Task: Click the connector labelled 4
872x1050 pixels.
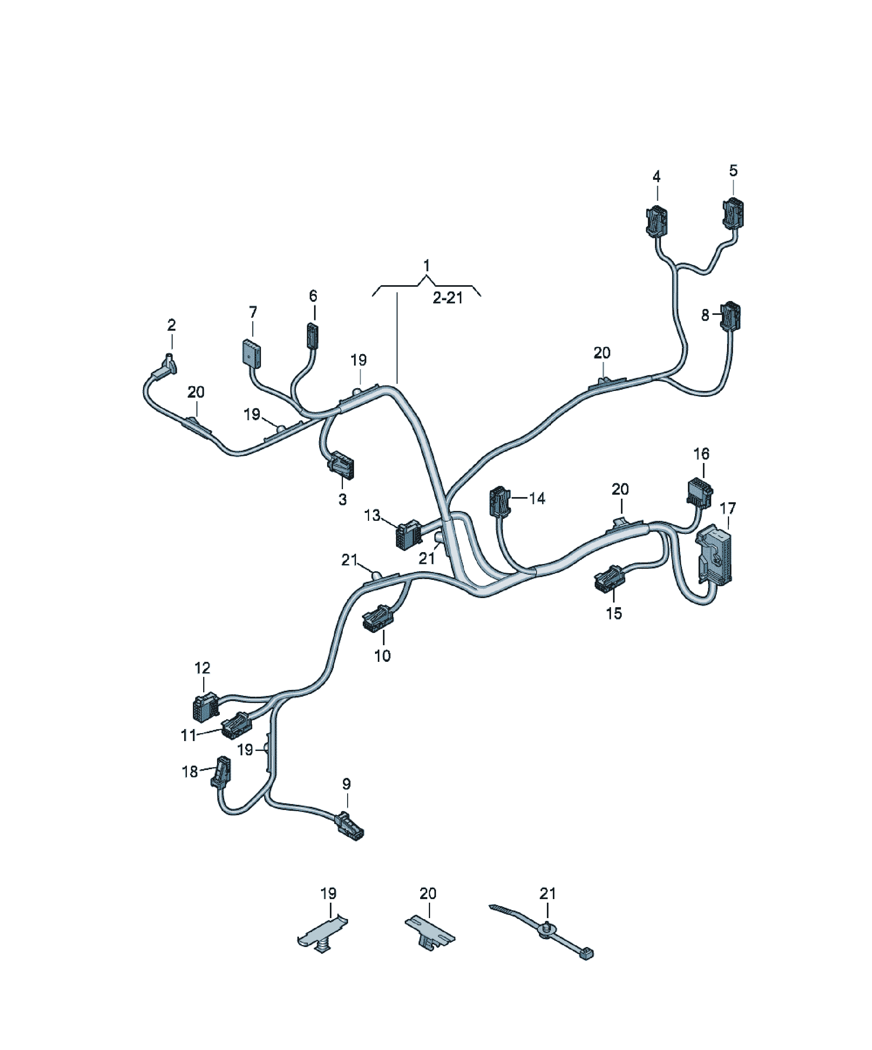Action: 657,221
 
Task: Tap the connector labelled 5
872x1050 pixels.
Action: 733,213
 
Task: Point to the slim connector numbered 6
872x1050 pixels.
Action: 312,335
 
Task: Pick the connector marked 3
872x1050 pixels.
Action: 341,465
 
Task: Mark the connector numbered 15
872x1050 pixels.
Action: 609,579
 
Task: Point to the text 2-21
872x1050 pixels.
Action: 448,299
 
